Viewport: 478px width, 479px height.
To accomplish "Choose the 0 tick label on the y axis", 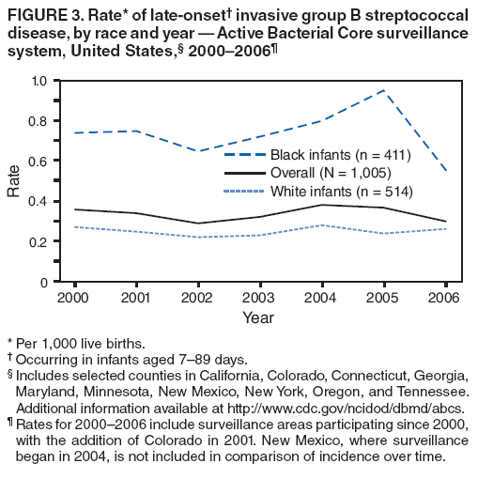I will pyautogui.click(x=43, y=282).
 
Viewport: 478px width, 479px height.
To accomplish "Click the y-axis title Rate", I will pyautogui.click(x=14, y=180).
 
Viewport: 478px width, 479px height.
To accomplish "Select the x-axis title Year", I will pyautogui.click(x=257, y=318).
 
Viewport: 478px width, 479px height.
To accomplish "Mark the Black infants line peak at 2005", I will pyautogui.click(x=382, y=90).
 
